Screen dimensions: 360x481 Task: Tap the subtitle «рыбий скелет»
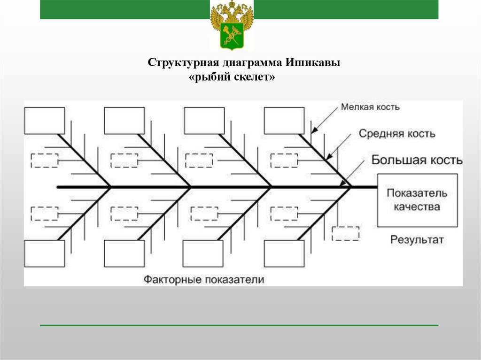[x=231, y=77]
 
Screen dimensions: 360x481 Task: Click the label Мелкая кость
[x=370, y=107]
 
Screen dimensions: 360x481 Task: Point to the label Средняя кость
[x=397, y=134]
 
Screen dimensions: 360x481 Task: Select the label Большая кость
[x=417, y=160]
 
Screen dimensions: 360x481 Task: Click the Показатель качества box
[x=418, y=200]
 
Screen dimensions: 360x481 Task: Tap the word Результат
[x=417, y=240]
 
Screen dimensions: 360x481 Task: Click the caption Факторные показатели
[x=204, y=280]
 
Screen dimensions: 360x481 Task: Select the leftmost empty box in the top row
[x=45, y=121]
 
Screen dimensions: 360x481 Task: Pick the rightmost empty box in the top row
[x=284, y=121]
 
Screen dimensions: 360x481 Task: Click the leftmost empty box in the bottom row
[x=45, y=253]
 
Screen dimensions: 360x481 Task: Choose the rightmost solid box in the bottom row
[x=284, y=253]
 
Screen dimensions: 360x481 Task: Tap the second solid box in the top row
[x=124, y=121]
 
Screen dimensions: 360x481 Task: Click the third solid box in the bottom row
[x=203, y=253]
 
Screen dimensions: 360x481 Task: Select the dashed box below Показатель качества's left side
[x=345, y=233]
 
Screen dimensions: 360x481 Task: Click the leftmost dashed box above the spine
[x=45, y=161]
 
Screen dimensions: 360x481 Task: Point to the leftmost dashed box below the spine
[x=45, y=214]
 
